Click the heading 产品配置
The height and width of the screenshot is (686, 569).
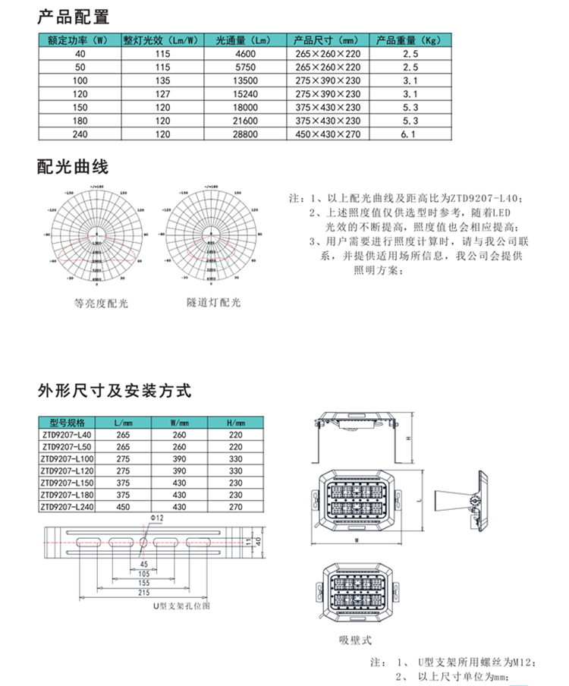coord(73,17)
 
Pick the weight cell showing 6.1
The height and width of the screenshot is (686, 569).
coord(410,134)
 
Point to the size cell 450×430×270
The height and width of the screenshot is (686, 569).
coord(328,134)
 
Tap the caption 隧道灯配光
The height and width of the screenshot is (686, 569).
coord(214,302)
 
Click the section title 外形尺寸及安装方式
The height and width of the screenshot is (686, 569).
coord(113,392)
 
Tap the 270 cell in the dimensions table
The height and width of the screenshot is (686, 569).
coord(235,507)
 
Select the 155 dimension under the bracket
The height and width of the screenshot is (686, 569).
coord(144,583)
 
